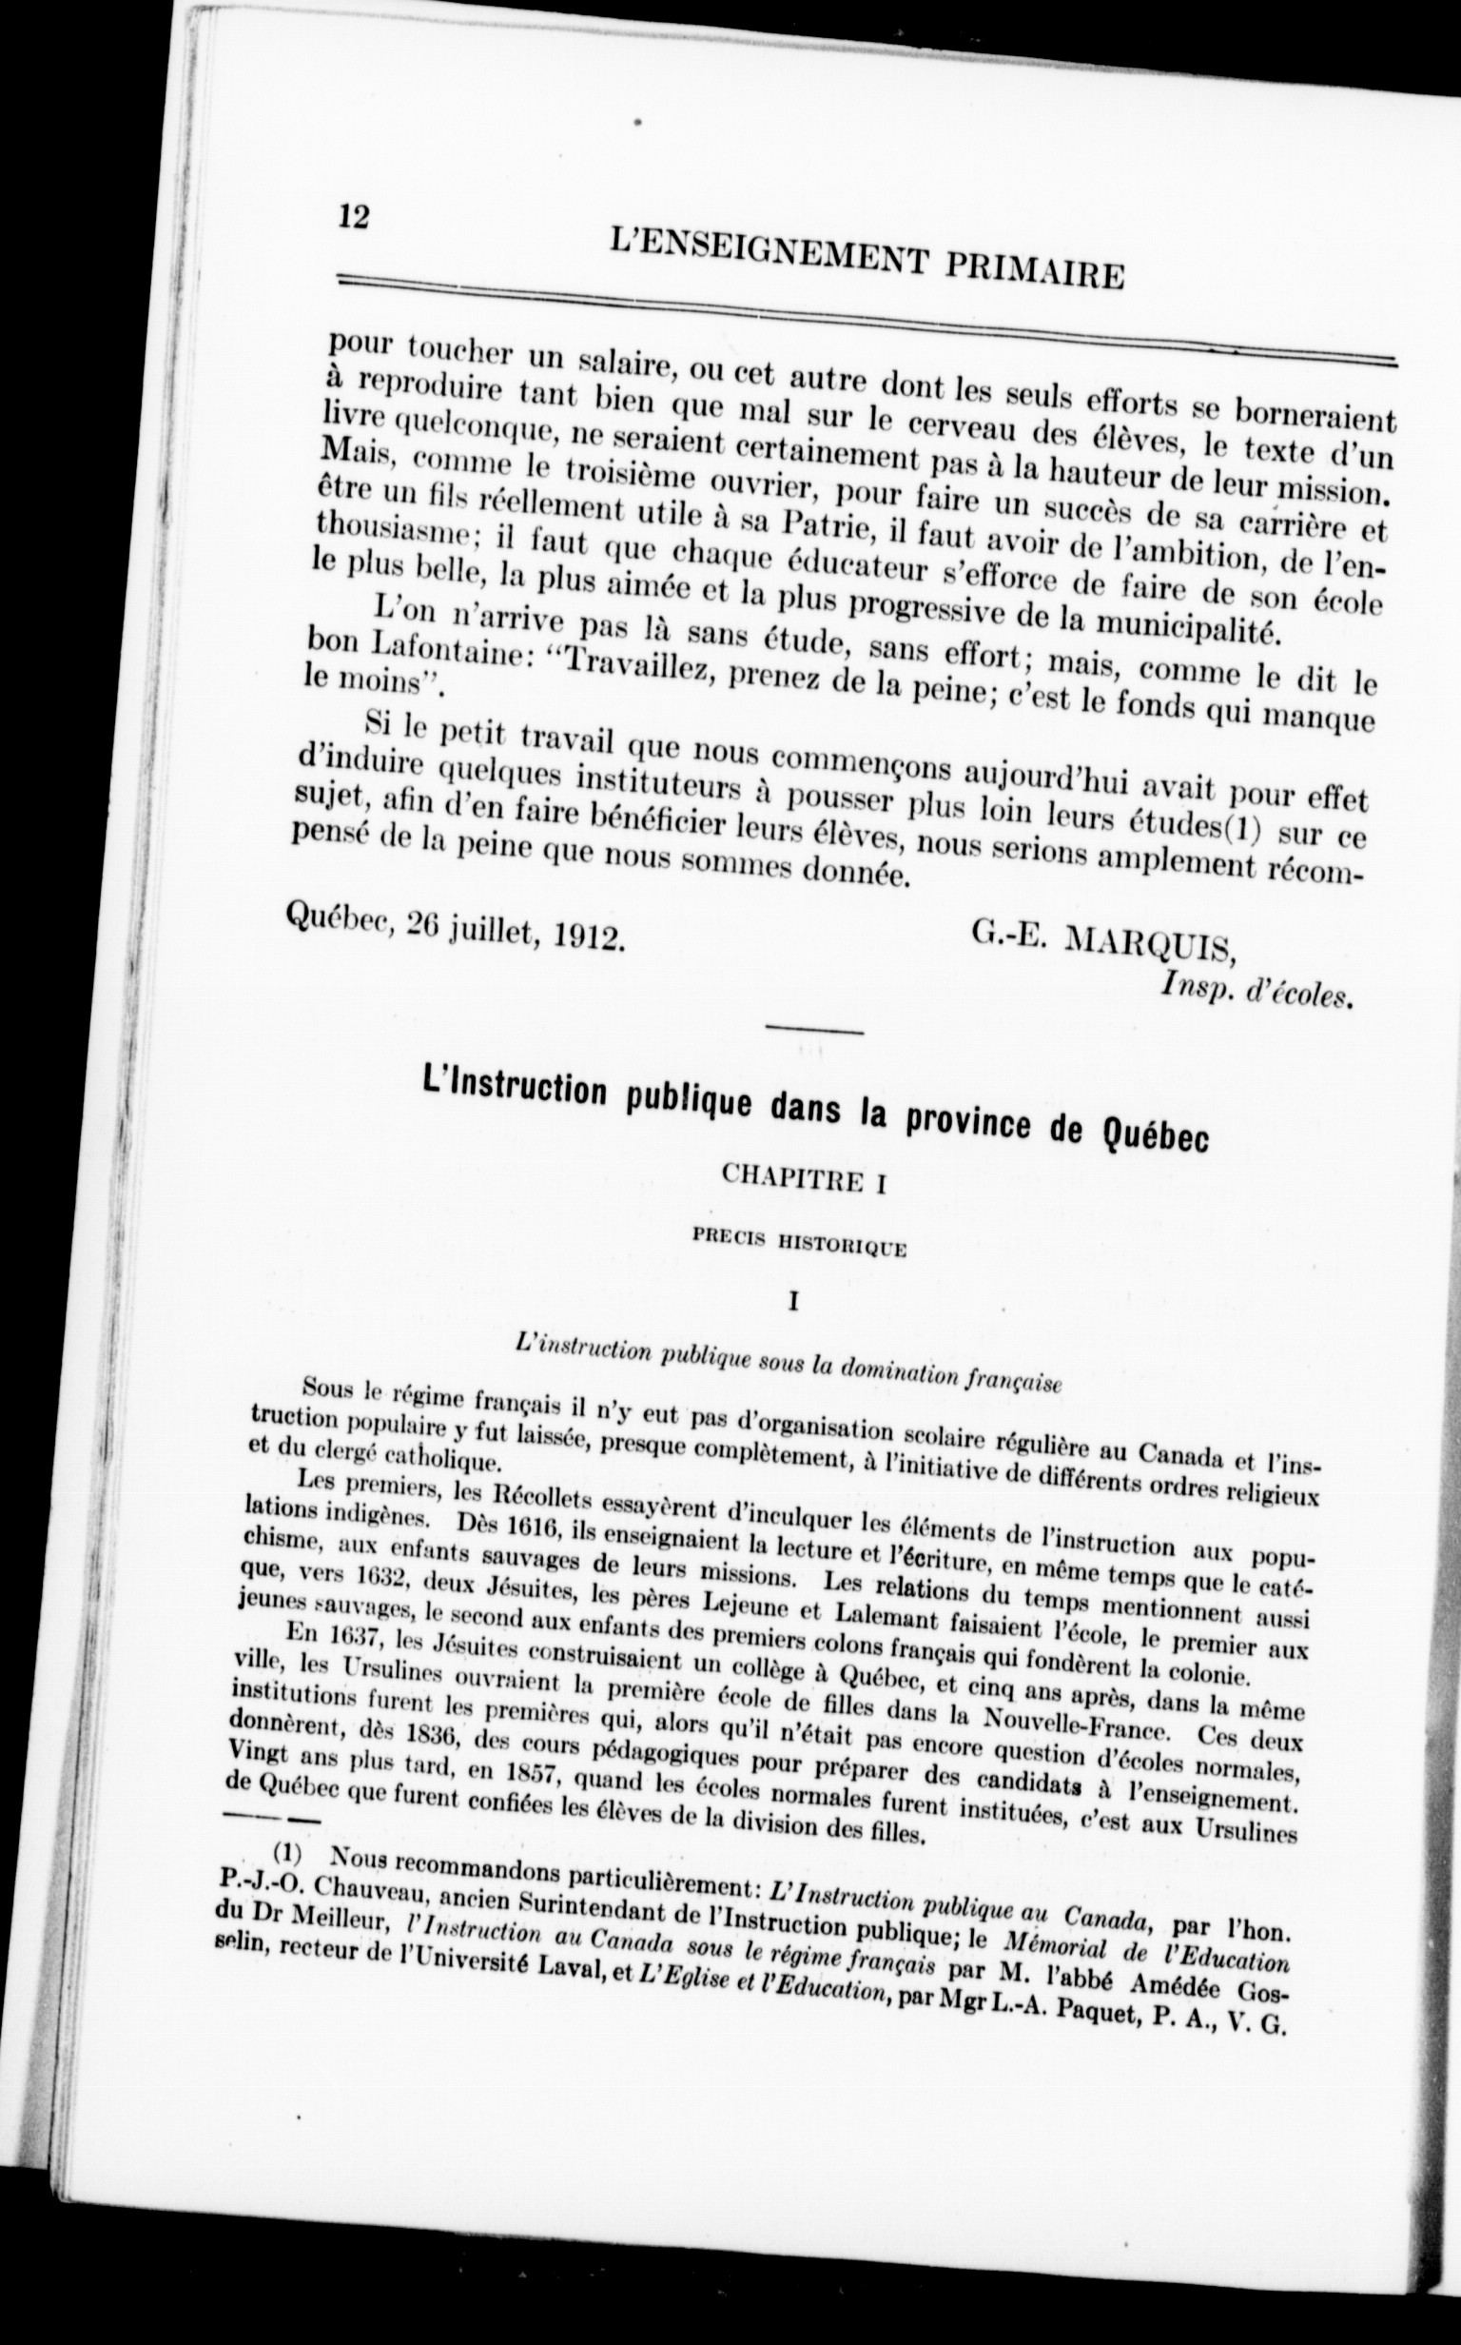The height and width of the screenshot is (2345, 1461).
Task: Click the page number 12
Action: (x=355, y=218)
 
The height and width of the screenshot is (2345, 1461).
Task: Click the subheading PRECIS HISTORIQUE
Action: (x=798, y=1246)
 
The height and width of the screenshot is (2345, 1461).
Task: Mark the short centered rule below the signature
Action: (x=813, y=1033)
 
